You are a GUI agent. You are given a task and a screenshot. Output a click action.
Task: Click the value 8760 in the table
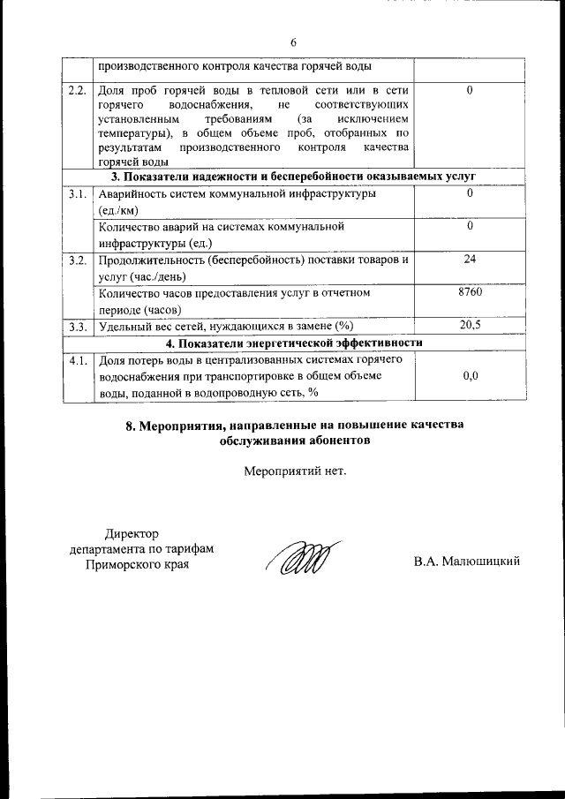pyautogui.click(x=470, y=292)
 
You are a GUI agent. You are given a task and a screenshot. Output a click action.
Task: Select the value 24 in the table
pyautogui.click(x=470, y=260)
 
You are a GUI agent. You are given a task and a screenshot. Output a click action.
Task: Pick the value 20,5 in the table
pyautogui.click(x=470, y=326)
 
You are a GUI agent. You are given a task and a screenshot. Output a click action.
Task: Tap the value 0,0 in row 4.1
pyautogui.click(x=470, y=376)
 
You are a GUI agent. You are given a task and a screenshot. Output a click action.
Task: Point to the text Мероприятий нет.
pyautogui.click(x=294, y=470)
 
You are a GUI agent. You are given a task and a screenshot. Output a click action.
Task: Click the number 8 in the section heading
pyautogui.click(x=130, y=426)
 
